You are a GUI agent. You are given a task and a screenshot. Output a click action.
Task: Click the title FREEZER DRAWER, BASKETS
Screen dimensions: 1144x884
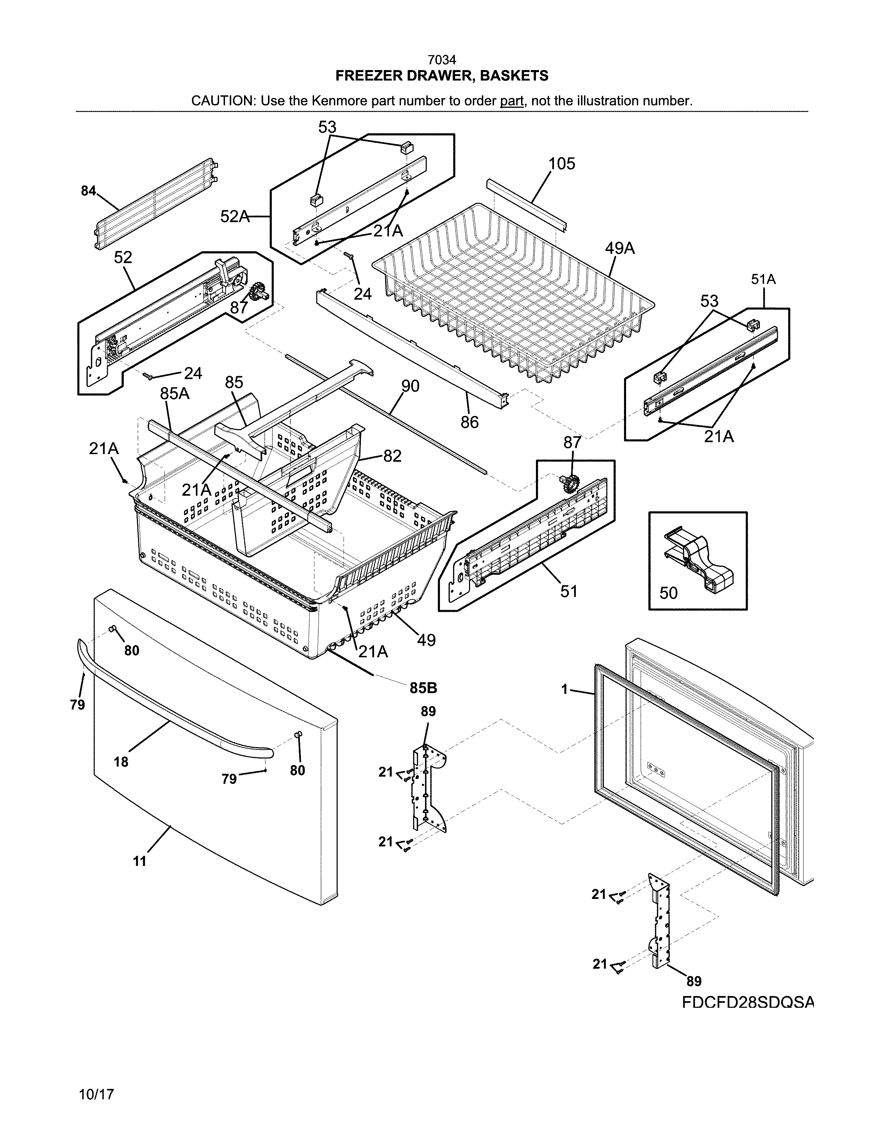pyautogui.click(x=441, y=76)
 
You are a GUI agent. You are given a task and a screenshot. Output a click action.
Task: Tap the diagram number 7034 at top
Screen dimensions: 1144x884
pyautogui.click(x=441, y=60)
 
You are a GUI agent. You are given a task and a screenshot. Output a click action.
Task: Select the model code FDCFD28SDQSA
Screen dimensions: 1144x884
pyautogui.click(x=748, y=1002)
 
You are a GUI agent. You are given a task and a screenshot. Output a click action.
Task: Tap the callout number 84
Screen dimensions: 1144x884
pyautogui.click(x=88, y=191)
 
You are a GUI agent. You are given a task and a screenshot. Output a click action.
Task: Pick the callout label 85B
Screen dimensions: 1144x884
pyautogui.click(x=423, y=688)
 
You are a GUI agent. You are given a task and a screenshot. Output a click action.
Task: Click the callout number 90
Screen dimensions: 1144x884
pyautogui.click(x=410, y=386)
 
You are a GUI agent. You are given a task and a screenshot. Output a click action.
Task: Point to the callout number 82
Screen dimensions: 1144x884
pyautogui.click(x=392, y=456)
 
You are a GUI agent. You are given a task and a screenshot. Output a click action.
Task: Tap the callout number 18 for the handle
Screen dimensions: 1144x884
pyautogui.click(x=121, y=762)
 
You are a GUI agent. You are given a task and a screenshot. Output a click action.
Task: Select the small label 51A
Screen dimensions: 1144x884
pyautogui.click(x=763, y=280)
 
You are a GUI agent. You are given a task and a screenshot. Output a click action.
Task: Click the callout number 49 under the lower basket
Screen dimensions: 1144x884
pyautogui.click(x=426, y=640)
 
